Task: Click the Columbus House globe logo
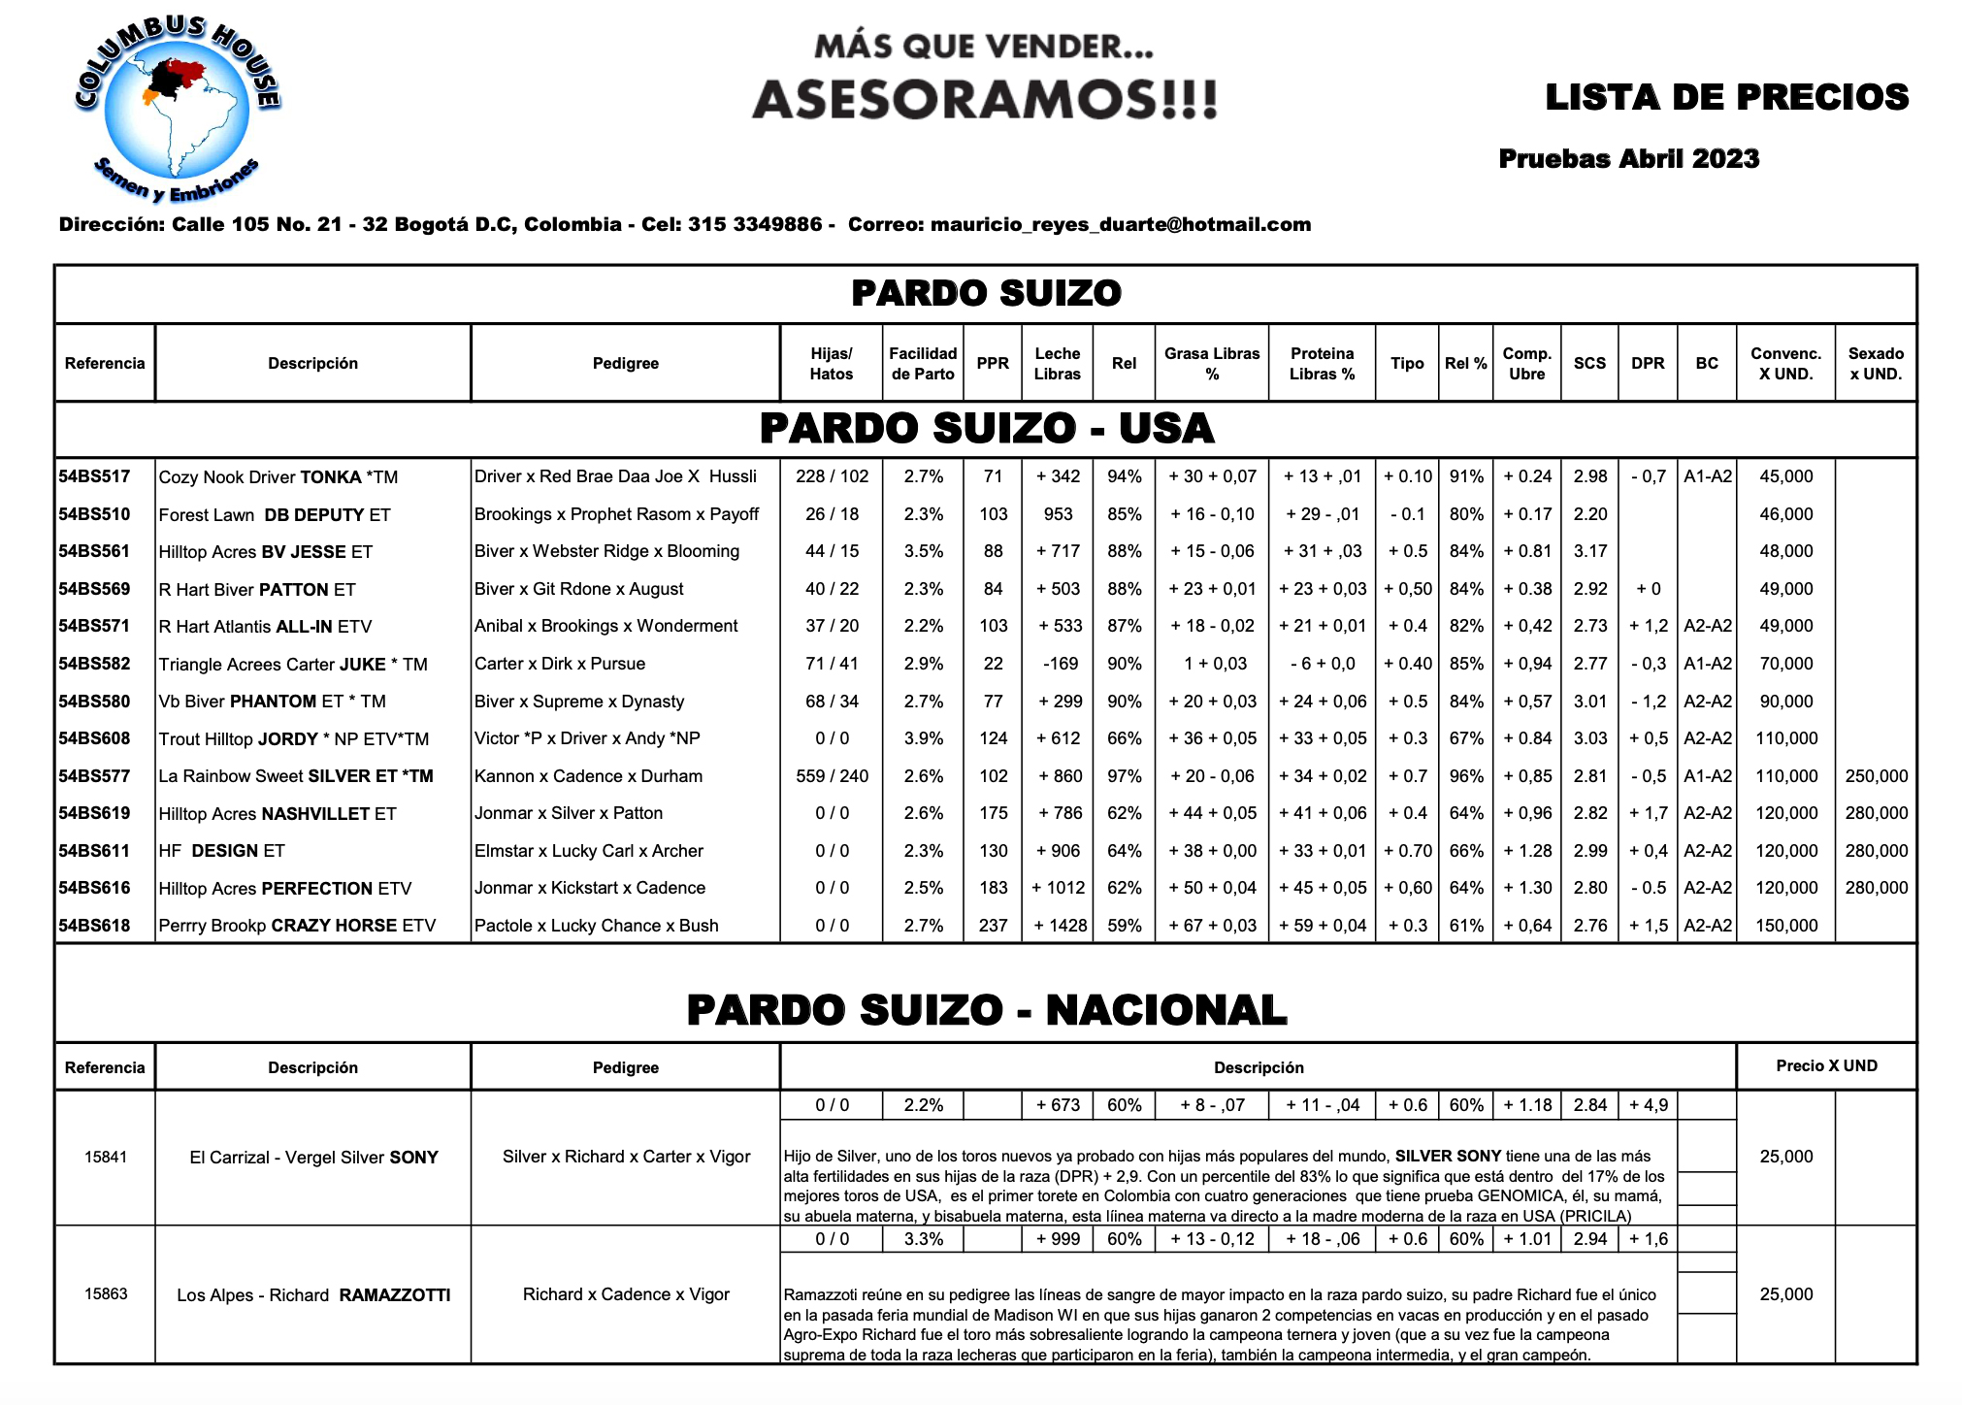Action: (177, 110)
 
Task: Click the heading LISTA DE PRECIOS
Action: (1726, 97)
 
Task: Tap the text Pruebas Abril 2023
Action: (1628, 159)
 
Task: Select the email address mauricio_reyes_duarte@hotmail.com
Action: (1120, 225)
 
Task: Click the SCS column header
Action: (1589, 363)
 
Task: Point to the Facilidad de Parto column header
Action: (923, 363)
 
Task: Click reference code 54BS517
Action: (94, 476)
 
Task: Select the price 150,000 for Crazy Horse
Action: (1785, 926)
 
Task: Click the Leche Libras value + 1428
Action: (1059, 926)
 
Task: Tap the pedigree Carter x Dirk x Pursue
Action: (560, 664)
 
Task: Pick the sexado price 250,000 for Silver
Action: (1876, 776)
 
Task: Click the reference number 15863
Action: (105, 1294)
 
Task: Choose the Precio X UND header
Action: (1826, 1065)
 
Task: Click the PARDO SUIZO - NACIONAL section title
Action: (986, 1010)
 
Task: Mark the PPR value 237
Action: (993, 926)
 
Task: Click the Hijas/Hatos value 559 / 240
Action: (832, 776)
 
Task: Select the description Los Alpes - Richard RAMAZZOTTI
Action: (313, 1295)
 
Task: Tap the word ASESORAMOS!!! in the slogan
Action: (984, 99)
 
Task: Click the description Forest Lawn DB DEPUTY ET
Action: (275, 515)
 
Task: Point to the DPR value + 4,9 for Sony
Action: (1648, 1105)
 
